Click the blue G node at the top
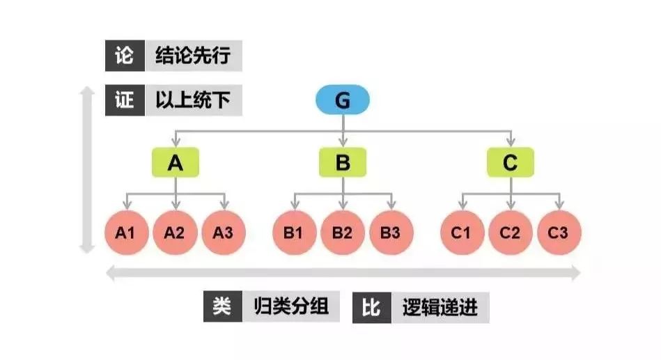pyautogui.click(x=343, y=100)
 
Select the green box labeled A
pyautogui.click(x=176, y=162)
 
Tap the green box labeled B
pyautogui.click(x=343, y=162)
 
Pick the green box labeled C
pyautogui.click(x=511, y=162)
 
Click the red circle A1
pyautogui.click(x=127, y=233)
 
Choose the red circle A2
pyautogui.click(x=175, y=233)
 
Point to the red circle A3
pyautogui.click(x=224, y=233)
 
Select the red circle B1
pyautogui.click(x=294, y=233)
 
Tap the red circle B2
pyautogui.click(x=343, y=233)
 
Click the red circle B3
pyautogui.click(x=391, y=233)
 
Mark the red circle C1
pyautogui.click(x=462, y=233)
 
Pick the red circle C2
pyautogui.click(x=511, y=233)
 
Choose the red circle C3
pyautogui.click(x=559, y=233)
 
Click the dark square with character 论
pyautogui.click(x=125, y=56)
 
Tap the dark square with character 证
pyautogui.click(x=125, y=100)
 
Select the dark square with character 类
pyautogui.click(x=223, y=306)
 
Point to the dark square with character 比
pyautogui.click(x=372, y=308)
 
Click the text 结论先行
pyautogui.click(x=193, y=56)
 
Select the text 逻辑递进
pyautogui.click(x=440, y=308)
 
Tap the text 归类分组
pyautogui.click(x=291, y=306)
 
